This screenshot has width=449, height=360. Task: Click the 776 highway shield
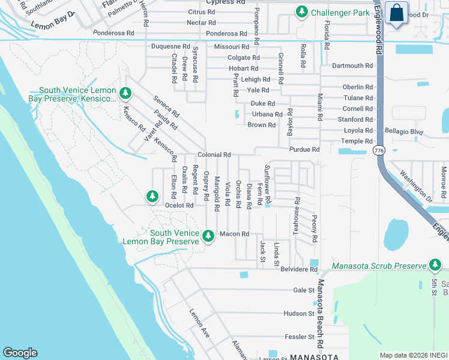[x=378, y=149]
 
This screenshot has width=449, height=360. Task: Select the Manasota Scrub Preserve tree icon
[x=435, y=265]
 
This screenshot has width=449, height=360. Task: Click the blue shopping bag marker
[x=396, y=13]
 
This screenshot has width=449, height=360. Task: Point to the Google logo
[x=20, y=353]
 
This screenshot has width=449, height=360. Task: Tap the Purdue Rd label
[x=304, y=149]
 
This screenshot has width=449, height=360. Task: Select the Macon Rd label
[x=234, y=234]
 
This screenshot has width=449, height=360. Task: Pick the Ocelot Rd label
[x=179, y=205]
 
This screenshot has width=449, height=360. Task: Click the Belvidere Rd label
[x=299, y=270]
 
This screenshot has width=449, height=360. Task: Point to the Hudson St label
[x=300, y=313]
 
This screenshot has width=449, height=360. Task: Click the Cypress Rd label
[x=218, y=2]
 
